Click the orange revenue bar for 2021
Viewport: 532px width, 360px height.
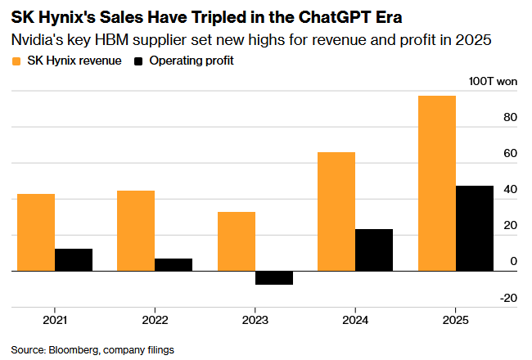36,232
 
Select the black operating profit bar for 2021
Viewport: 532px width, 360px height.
74,259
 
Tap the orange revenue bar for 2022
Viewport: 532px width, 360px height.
136,231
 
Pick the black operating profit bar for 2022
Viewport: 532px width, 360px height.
174,264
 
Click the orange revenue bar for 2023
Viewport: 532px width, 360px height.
236,241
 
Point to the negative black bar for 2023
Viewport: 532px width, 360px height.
273,277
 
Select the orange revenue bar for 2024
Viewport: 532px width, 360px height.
336,211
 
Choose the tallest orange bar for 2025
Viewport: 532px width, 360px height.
436,183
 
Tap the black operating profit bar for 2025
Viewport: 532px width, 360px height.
474,228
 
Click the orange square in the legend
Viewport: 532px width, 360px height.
17,61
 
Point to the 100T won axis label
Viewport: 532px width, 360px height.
493,82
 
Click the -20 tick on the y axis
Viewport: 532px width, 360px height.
507,298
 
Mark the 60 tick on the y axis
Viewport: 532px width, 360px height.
510,154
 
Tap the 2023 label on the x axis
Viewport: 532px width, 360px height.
255,320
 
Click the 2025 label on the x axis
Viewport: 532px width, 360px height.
455,320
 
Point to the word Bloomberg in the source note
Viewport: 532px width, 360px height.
74,349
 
